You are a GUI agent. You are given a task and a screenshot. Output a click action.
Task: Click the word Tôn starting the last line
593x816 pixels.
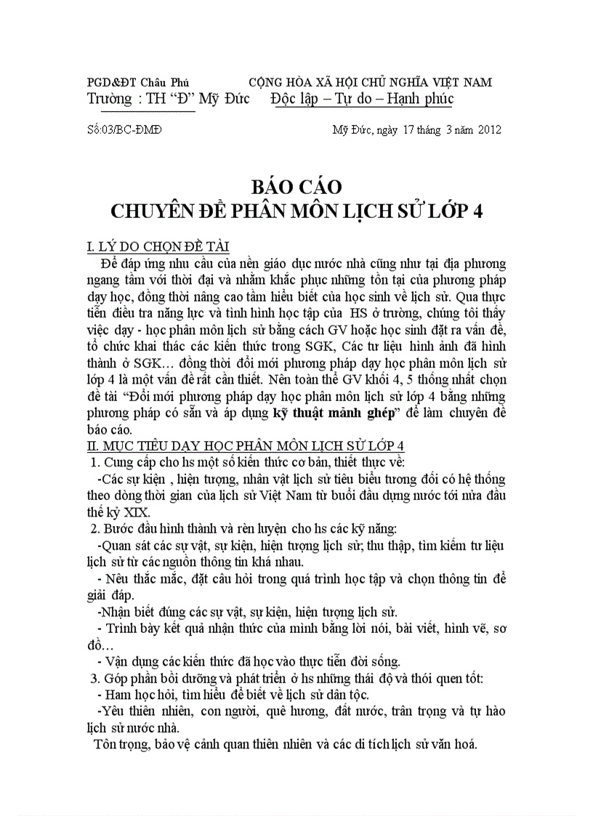[105, 745]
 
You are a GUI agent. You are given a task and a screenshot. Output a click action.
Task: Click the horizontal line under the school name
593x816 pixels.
[148, 112]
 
